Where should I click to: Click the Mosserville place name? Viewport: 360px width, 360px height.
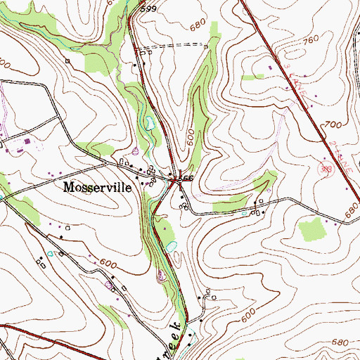click(96, 188)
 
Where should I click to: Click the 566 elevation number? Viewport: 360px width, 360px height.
click(186, 179)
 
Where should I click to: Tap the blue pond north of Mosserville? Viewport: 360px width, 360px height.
click(149, 124)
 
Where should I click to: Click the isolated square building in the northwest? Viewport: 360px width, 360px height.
click(69, 61)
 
